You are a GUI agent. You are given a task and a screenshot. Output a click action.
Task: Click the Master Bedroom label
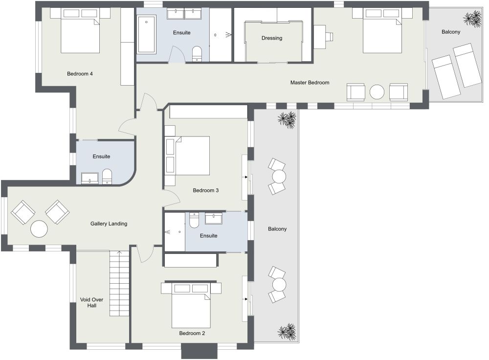[x=310, y=83]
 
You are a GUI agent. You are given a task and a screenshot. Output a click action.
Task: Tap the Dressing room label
[x=272, y=38]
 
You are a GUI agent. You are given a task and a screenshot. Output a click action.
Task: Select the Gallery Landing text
[x=109, y=224]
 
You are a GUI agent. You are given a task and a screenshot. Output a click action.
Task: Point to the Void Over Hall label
[x=92, y=303]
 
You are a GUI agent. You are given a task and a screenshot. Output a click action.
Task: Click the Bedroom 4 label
[x=80, y=74]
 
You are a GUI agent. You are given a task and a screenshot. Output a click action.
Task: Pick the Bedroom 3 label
[x=205, y=190]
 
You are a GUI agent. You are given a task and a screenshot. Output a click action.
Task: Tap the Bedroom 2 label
[x=192, y=333]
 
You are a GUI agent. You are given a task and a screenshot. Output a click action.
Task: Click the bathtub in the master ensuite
[x=146, y=35]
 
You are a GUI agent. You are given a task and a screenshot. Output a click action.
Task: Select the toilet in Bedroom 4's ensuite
[x=107, y=177]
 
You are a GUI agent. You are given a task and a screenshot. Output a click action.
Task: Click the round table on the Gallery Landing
[x=39, y=229]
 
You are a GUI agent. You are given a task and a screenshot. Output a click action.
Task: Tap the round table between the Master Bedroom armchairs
[x=377, y=92]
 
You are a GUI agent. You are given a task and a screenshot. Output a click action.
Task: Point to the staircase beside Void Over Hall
[x=119, y=283]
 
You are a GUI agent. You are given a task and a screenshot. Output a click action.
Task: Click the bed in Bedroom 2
[x=191, y=305]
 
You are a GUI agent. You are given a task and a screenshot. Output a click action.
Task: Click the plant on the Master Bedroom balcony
[x=472, y=19]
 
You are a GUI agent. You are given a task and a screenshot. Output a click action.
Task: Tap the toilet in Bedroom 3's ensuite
[x=194, y=220]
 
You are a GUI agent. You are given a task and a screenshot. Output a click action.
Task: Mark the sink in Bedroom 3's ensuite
[x=214, y=218]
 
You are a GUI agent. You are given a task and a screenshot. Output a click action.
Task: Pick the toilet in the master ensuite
[x=197, y=54]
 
